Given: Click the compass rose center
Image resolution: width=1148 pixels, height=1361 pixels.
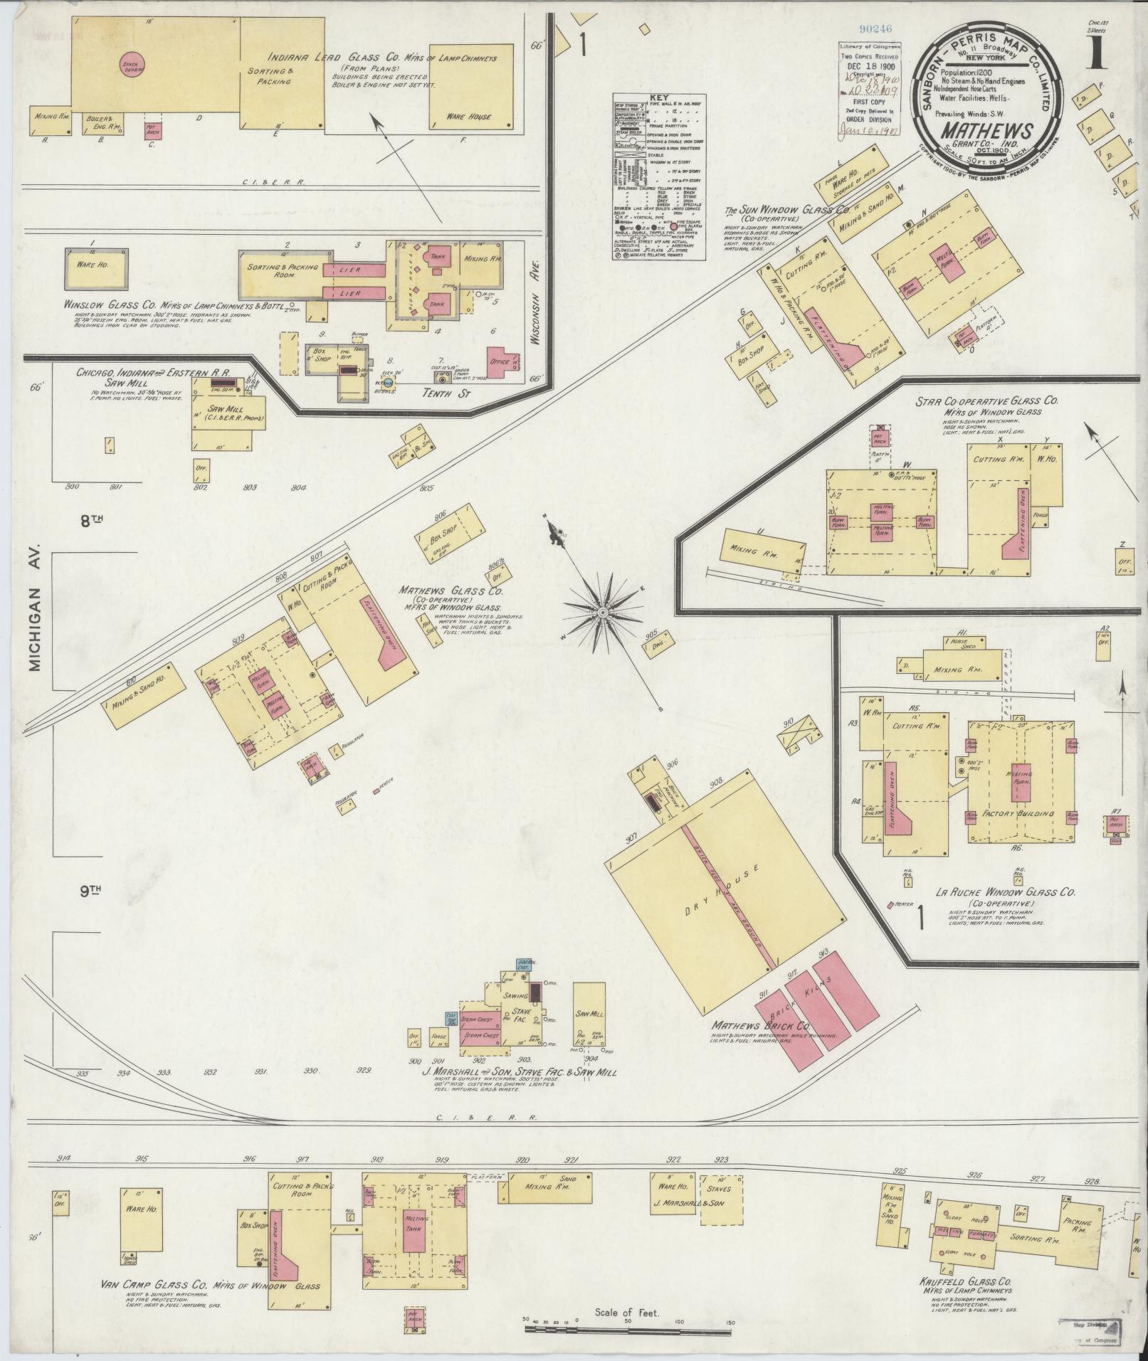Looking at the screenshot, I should click(604, 612).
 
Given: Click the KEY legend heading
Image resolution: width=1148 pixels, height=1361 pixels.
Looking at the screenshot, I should click(660, 100).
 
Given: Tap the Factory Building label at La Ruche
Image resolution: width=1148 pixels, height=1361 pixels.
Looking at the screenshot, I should click(1018, 813).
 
